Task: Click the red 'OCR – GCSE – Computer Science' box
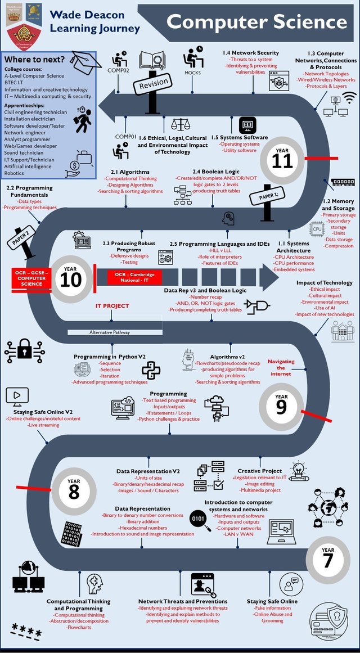point(31,277)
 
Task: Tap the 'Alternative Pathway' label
point(110,332)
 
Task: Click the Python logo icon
point(151,370)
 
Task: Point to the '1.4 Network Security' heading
point(247,52)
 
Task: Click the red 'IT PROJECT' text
point(112,306)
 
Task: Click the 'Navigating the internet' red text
point(281,367)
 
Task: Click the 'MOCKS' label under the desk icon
point(192,73)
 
